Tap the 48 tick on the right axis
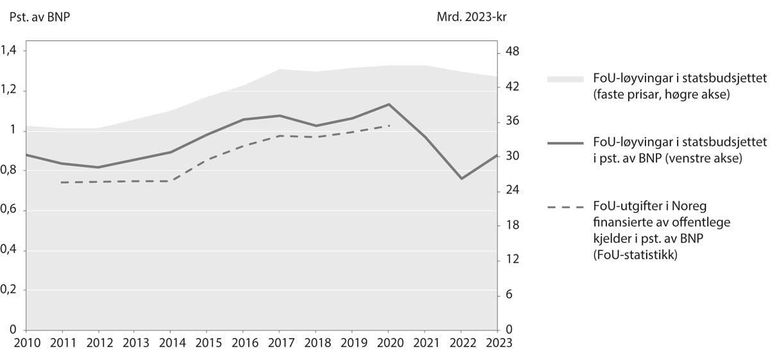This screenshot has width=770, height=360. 512,51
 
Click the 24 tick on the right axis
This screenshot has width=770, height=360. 512,191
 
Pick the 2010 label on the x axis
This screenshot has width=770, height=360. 25,343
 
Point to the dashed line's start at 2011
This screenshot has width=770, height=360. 61,182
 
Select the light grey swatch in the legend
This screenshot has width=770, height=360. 565,79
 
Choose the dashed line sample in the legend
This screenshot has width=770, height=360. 565,207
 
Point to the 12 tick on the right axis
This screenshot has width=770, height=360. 512,260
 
